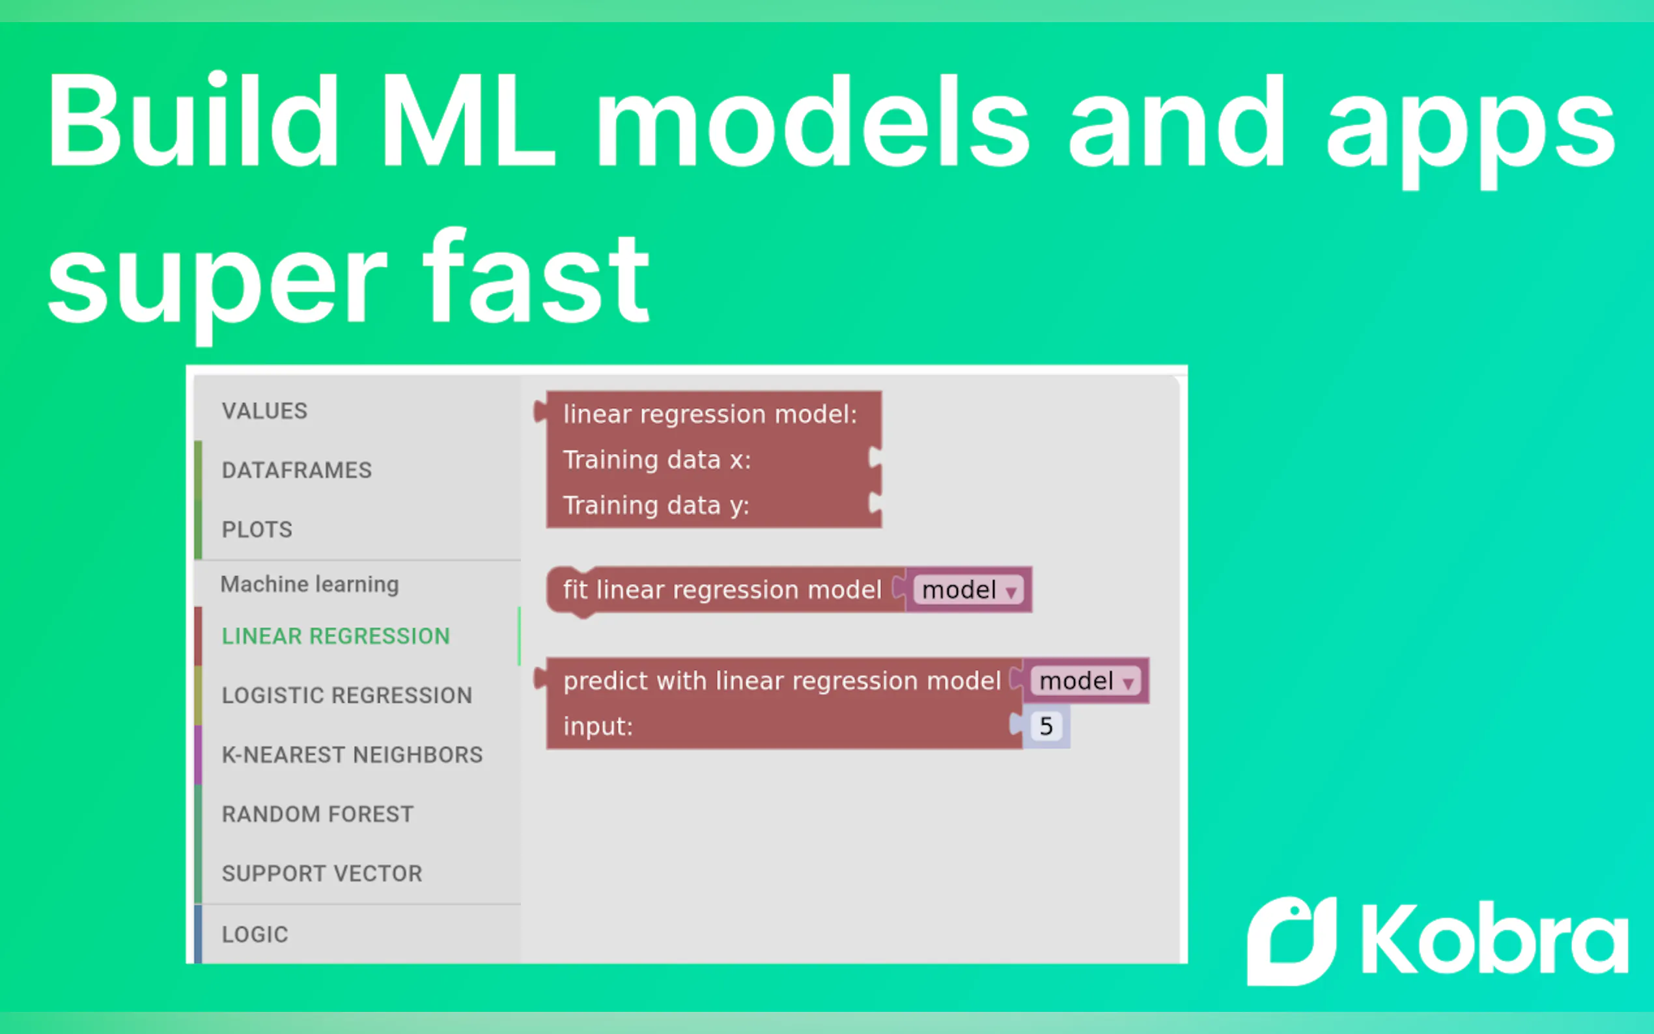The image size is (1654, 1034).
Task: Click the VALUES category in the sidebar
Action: point(264,411)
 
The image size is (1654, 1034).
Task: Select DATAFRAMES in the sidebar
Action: point(297,471)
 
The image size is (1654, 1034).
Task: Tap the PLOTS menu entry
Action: point(257,529)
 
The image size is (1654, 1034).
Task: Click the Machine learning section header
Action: point(310,584)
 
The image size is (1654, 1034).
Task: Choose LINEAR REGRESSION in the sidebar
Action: point(336,636)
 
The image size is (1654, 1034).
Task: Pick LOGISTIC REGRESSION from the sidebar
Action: point(347,695)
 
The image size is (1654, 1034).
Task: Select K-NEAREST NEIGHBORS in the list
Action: point(352,754)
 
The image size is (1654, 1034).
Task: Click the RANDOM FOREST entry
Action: point(318,814)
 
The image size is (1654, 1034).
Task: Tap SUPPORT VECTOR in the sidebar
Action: point(322,873)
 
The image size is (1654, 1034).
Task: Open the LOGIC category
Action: point(255,934)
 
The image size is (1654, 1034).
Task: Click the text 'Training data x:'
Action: point(657,460)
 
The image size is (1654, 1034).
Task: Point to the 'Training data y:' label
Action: point(656,505)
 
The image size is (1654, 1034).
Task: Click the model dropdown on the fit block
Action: point(968,589)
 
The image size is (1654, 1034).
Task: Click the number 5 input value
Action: point(1046,725)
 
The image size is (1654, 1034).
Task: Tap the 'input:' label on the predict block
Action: point(598,726)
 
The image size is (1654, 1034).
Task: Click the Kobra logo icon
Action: point(1291,941)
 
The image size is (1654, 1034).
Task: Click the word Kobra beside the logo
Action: point(1495,938)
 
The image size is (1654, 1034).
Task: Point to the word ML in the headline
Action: point(468,121)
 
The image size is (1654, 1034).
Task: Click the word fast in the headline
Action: point(536,275)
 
